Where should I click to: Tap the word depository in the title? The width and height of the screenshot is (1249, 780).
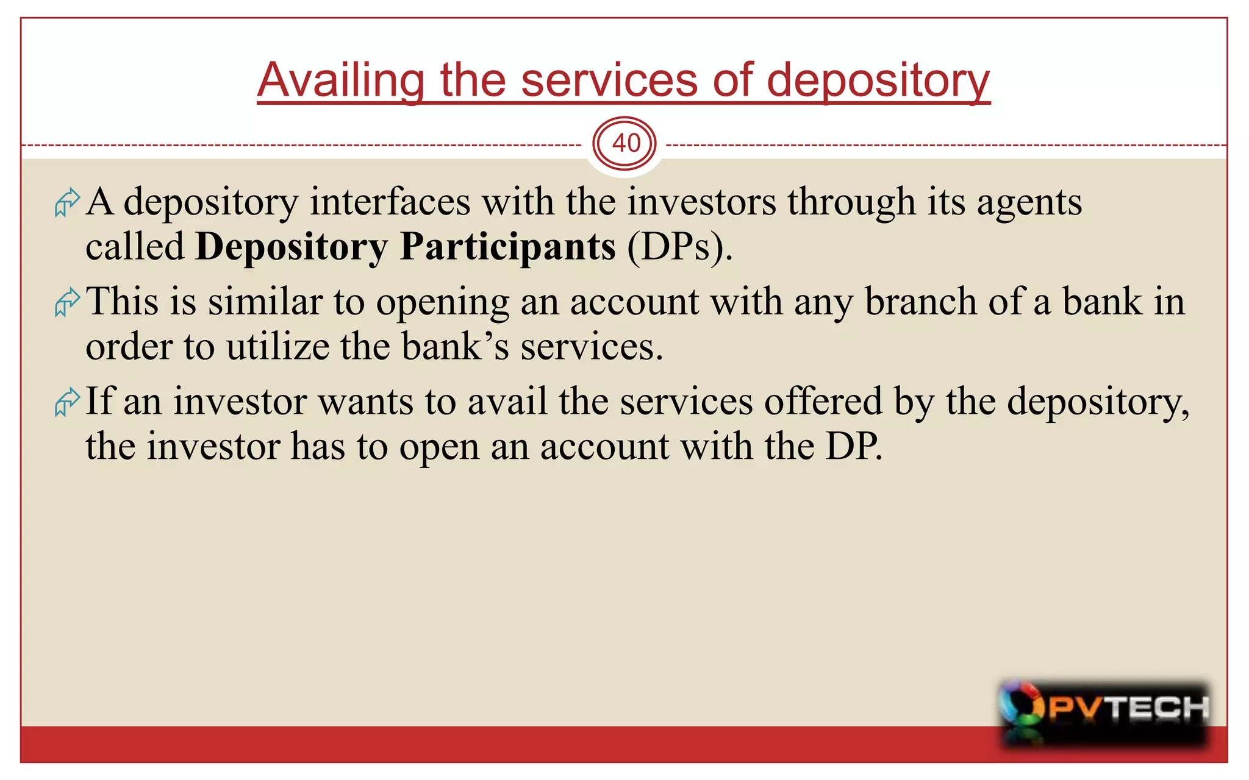coord(878,80)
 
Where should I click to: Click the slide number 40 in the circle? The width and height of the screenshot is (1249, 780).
coord(626,144)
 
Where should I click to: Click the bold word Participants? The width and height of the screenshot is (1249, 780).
coord(507,247)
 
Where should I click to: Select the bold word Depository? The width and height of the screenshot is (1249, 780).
coord(291,247)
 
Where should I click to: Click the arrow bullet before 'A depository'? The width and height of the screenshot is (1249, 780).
coord(67,202)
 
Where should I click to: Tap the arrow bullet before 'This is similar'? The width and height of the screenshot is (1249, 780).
coord(67,302)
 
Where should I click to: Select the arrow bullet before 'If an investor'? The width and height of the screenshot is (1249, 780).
coord(67,402)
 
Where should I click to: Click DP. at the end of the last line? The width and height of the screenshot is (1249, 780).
coord(854,447)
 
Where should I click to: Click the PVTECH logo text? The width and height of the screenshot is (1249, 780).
coord(1128,708)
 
